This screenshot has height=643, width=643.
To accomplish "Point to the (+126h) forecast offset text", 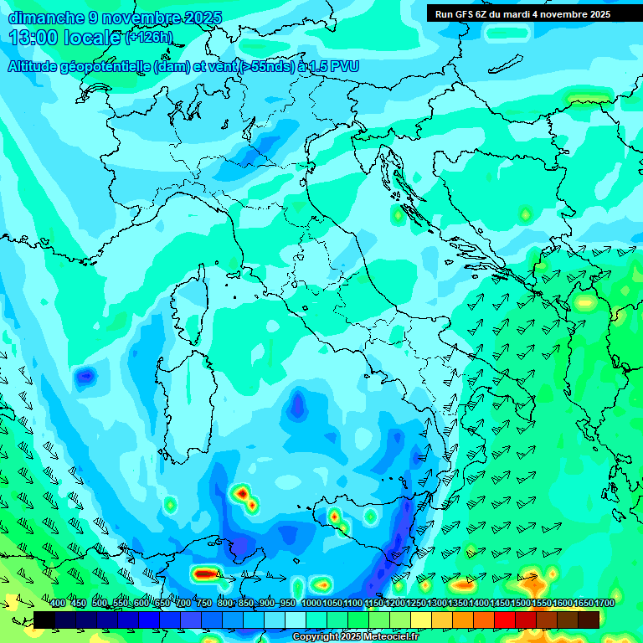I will (148, 38).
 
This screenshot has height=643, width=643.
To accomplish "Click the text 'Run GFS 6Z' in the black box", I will (460, 14).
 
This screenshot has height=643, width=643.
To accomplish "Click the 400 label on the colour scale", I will (58, 604).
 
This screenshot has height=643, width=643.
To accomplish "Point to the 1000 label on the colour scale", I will (311, 604).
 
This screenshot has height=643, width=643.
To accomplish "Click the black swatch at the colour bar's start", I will (44, 620).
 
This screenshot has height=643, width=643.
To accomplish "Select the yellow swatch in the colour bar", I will (421, 620).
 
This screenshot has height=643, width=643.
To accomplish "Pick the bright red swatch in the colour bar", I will (505, 620).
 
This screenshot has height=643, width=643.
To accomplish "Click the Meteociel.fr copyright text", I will (355, 637).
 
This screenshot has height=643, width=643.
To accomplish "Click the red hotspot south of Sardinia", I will (244, 495).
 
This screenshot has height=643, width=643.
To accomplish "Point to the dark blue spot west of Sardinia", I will (85, 378).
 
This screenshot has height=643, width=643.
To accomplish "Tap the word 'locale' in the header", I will (90, 38).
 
